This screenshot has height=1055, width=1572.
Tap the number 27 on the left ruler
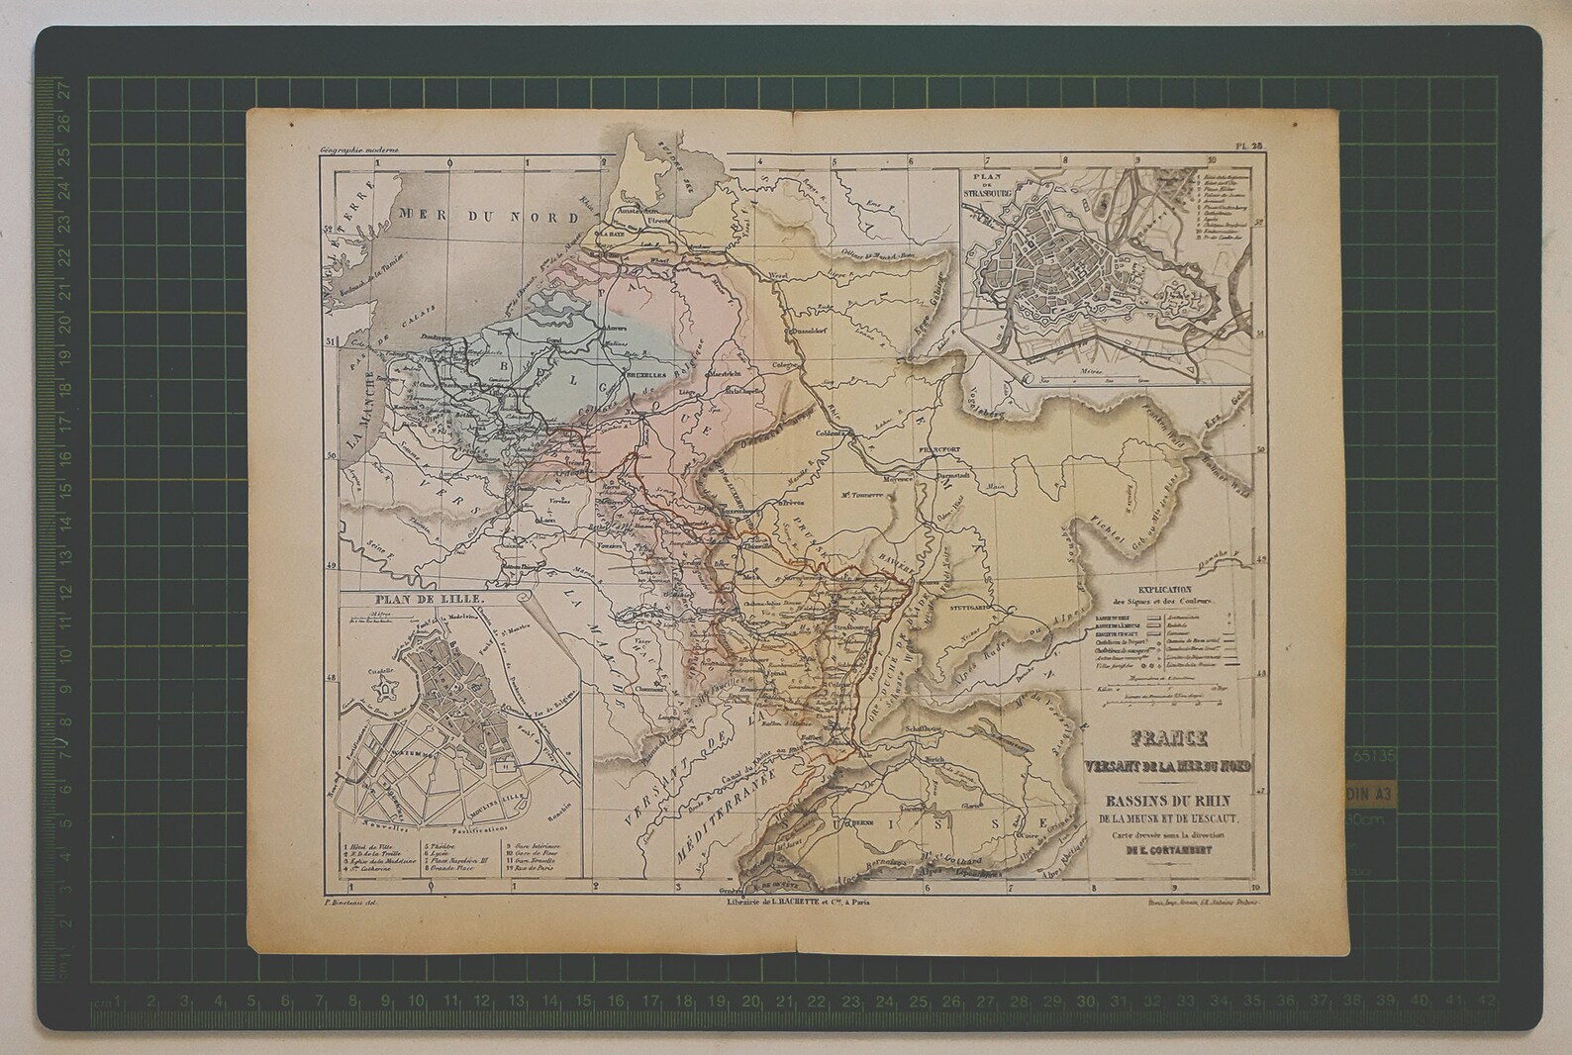pos(65,89)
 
